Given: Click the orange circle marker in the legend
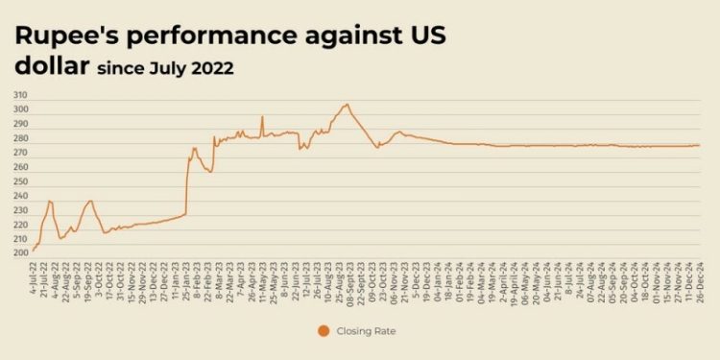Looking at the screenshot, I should coord(324,331).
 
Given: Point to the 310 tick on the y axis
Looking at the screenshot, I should coord(20,96).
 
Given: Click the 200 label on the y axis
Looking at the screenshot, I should coord(20,253).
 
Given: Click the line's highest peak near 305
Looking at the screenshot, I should coord(347,104).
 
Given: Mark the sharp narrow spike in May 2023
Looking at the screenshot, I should coord(262,117).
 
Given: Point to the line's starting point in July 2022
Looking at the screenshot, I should coord(33,251).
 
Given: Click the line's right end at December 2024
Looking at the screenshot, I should coord(700,145).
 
